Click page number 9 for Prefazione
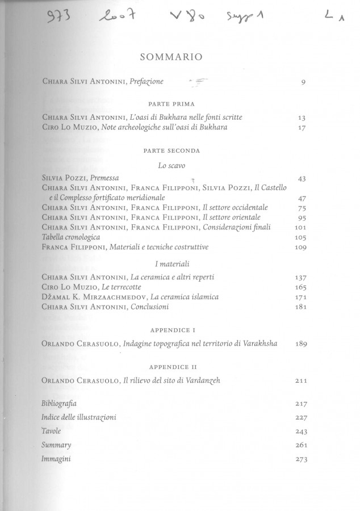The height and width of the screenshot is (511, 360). point(304,82)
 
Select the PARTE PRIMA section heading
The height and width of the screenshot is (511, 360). point(171,104)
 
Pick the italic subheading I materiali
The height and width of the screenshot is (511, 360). point(172,264)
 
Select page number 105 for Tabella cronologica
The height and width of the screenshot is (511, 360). point(300,237)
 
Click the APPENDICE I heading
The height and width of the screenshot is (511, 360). point(172,330)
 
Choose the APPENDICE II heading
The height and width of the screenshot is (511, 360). point(172,367)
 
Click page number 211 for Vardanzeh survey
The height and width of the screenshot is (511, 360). point(300,380)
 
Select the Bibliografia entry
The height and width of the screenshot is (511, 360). point(59,404)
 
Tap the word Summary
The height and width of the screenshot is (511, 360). point(56,445)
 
